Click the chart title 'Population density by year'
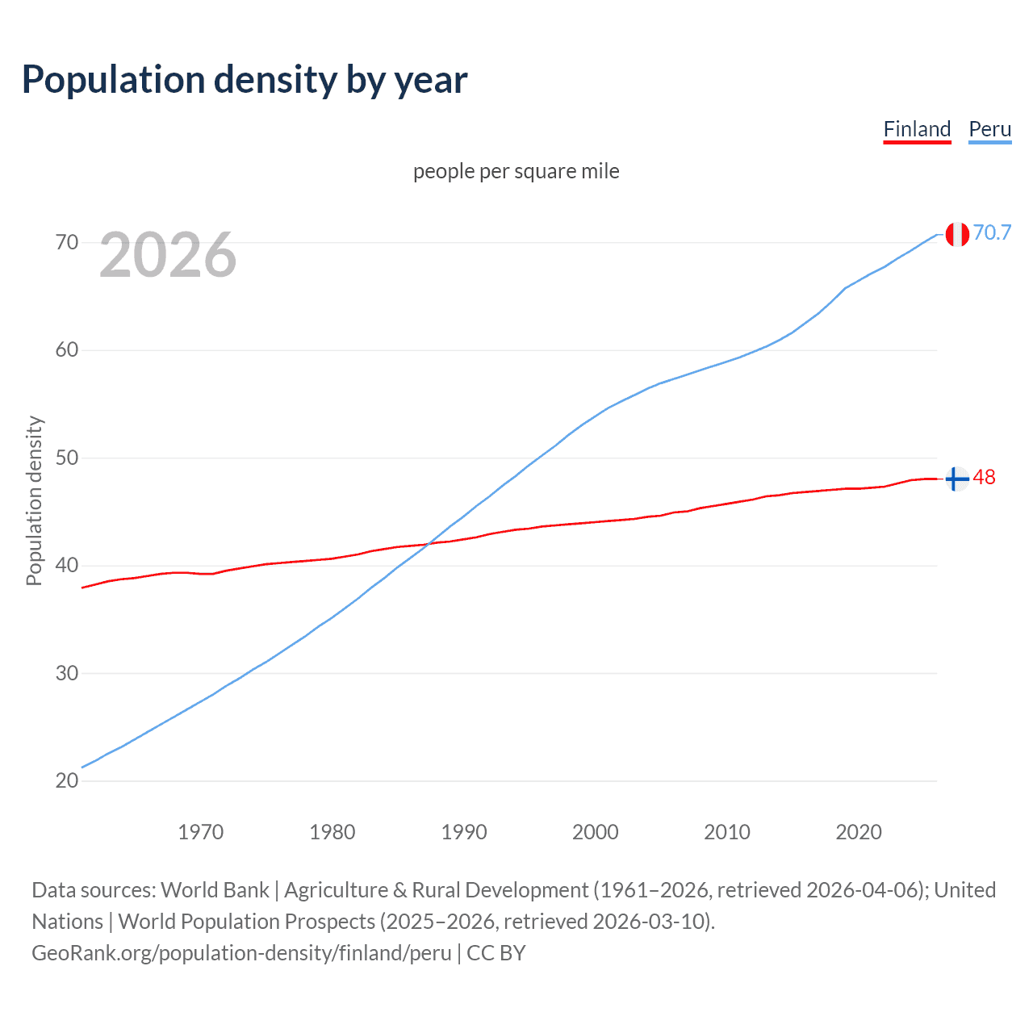(x=245, y=79)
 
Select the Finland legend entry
(x=917, y=129)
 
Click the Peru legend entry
(x=989, y=129)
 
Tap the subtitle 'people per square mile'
(x=516, y=171)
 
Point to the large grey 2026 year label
(x=168, y=255)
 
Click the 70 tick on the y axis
(x=67, y=242)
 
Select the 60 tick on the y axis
(x=67, y=350)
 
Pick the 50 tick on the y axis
(x=67, y=458)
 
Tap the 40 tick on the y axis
(x=67, y=565)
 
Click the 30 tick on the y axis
(x=67, y=673)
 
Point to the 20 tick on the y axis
(x=67, y=780)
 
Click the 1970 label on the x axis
(x=200, y=832)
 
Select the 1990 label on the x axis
(x=464, y=832)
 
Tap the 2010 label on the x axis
(x=727, y=832)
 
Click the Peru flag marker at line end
(x=957, y=234)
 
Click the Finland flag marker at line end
(x=957, y=479)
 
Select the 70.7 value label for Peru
(x=992, y=232)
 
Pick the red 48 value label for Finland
(x=984, y=477)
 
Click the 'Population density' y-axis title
(x=34, y=500)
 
